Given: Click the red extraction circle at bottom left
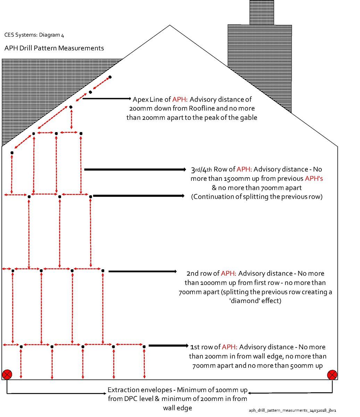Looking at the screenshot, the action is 7,375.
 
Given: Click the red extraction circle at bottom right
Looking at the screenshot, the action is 332,375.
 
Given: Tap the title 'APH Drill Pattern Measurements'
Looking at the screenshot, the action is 54,48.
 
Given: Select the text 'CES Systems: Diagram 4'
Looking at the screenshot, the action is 34,35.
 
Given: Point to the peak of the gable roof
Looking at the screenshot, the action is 169,25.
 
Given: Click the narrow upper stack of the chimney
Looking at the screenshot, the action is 262,12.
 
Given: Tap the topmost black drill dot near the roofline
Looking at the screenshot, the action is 110,77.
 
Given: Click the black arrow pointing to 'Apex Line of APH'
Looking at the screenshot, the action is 107,99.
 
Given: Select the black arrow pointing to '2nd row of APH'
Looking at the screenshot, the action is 143,271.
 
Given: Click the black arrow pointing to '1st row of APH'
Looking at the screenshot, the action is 168,345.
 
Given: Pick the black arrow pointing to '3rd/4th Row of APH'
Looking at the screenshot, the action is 135,170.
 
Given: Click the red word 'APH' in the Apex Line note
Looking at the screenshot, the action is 180,99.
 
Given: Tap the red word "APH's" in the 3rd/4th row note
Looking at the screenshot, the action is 314,179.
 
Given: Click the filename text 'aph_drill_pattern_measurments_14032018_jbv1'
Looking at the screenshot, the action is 292,410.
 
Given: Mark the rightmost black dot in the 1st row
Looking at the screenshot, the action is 144,346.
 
